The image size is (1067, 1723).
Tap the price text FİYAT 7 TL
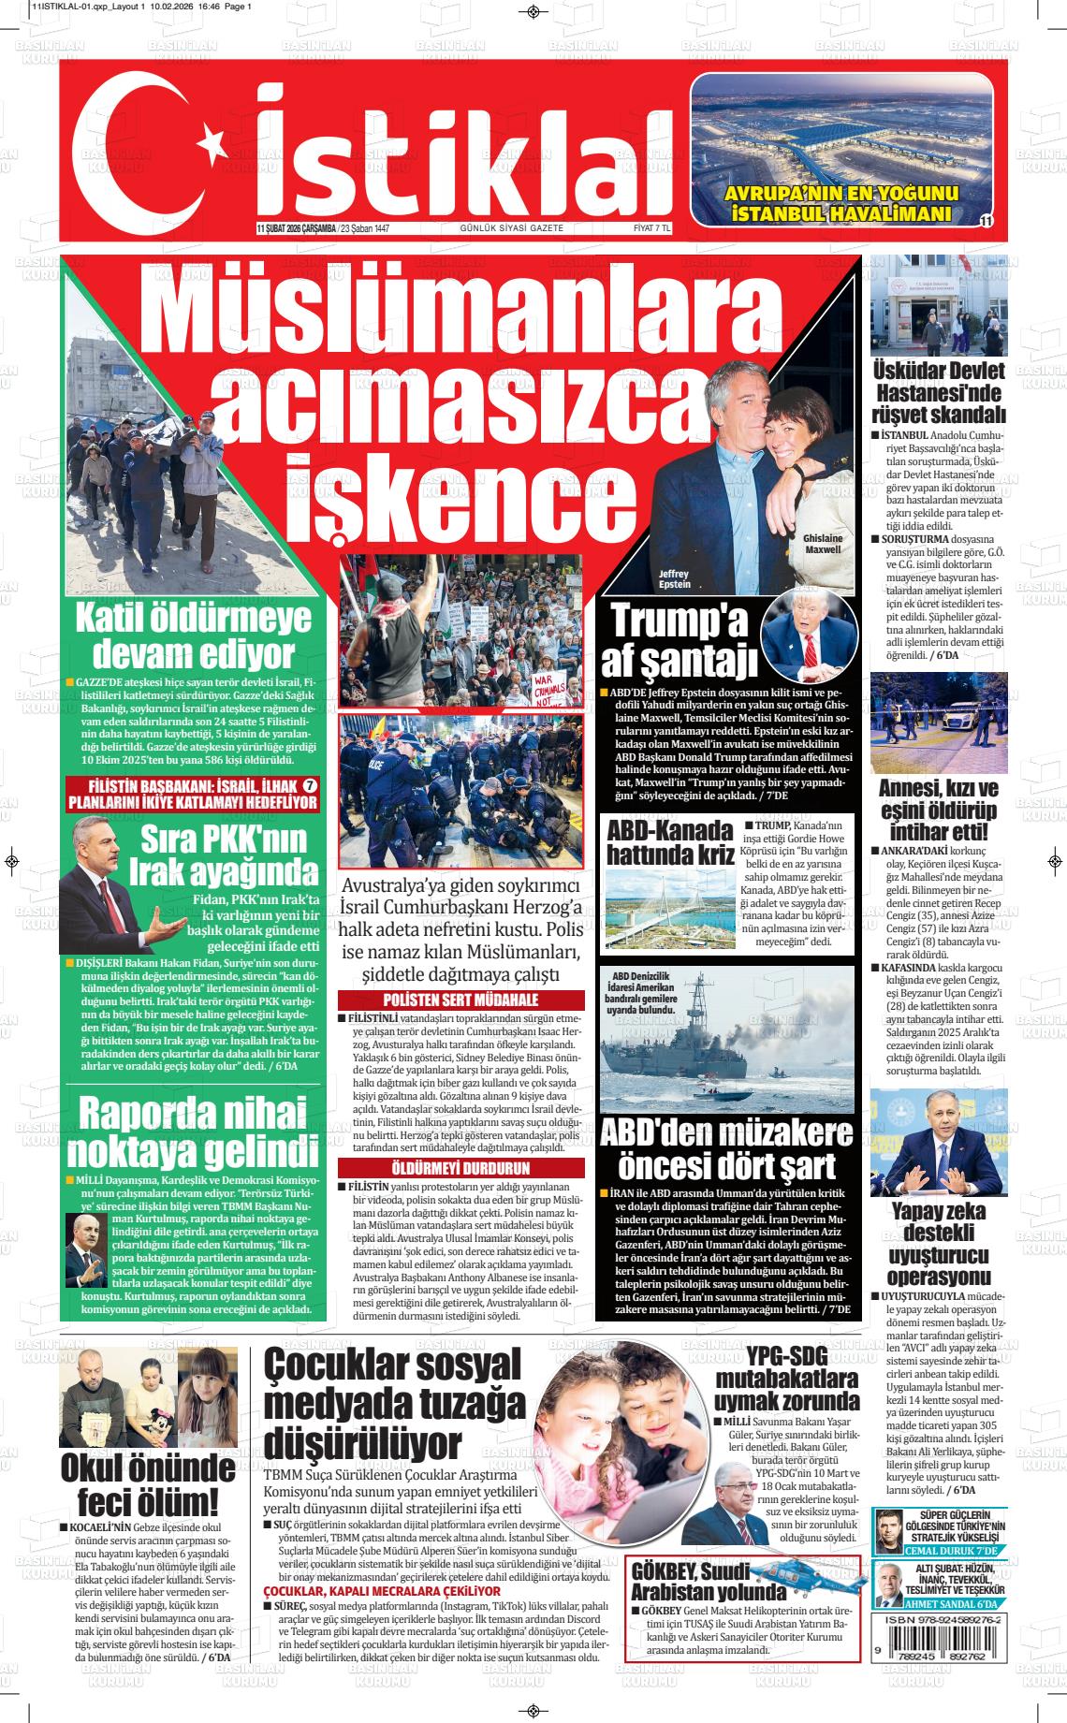(652, 228)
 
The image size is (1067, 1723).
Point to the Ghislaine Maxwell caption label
(823, 544)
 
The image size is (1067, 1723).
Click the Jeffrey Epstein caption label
(674, 578)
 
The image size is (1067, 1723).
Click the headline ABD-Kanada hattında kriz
(668, 843)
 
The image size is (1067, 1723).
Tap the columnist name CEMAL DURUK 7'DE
(957, 1551)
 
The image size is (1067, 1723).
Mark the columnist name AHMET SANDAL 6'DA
(957, 1603)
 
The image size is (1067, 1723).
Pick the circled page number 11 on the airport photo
(986, 220)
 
